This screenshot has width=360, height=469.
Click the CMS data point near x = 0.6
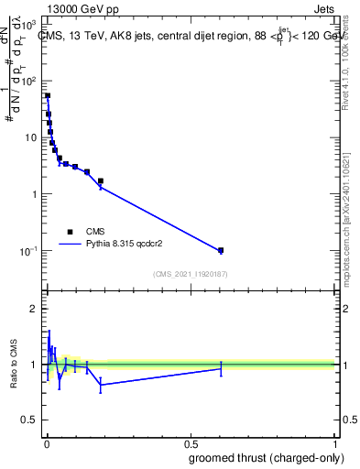pyautogui.click(x=221, y=250)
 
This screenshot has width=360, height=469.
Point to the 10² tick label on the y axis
pyautogui.click(x=29, y=82)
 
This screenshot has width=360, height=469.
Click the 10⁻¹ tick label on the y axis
pyautogui.click(x=28, y=251)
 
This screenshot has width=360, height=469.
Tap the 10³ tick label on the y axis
pyautogui.click(x=29, y=25)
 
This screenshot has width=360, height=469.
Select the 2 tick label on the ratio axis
pyautogui.click(x=34, y=309)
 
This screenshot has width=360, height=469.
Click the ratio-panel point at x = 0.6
pyautogui.click(x=221, y=368)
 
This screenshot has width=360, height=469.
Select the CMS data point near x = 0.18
pyautogui.click(x=101, y=181)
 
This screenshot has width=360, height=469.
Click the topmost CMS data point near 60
pyautogui.click(x=48, y=95)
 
